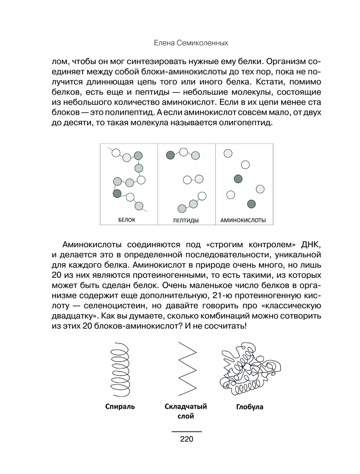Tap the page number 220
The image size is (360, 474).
tap(186, 439)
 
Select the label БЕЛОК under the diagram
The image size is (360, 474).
tap(127, 220)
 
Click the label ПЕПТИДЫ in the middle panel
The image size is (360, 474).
tap(186, 220)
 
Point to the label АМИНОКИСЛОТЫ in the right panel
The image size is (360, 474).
tap(243, 220)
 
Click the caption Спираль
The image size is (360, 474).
tap(120, 407)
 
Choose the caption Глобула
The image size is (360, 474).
tap(249, 407)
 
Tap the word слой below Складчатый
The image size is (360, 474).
tap(186, 416)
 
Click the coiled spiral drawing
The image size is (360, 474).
tap(120, 369)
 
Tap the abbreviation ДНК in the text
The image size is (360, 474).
tap(311, 245)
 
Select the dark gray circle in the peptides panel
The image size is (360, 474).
tap(170, 155)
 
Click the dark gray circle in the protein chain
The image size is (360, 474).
tap(117, 193)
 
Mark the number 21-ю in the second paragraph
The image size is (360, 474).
tap(222, 296)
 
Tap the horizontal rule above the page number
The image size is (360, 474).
tap(186, 431)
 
